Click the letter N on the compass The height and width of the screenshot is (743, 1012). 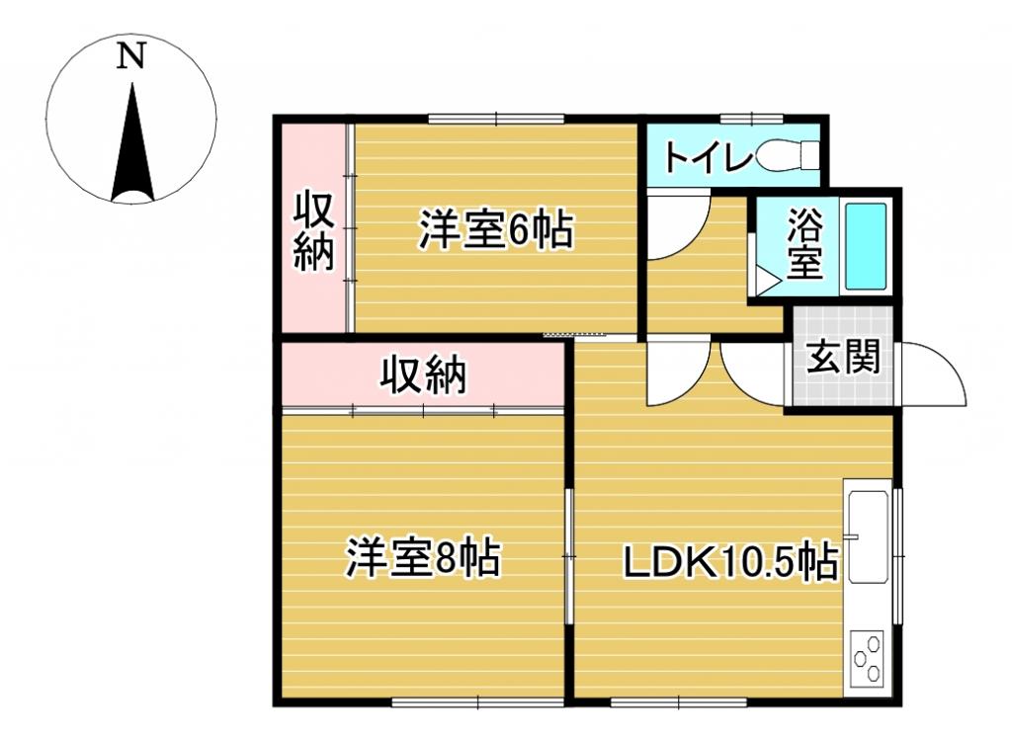point(131,56)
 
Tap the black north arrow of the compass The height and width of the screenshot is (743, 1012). point(132,148)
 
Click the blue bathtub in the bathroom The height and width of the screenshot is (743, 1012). point(866,246)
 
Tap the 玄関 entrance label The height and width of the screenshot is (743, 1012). point(842,357)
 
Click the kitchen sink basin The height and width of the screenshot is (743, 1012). point(868,534)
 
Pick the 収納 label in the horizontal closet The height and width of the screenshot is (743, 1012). point(424,375)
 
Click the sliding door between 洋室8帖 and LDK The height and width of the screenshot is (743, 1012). point(569,556)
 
